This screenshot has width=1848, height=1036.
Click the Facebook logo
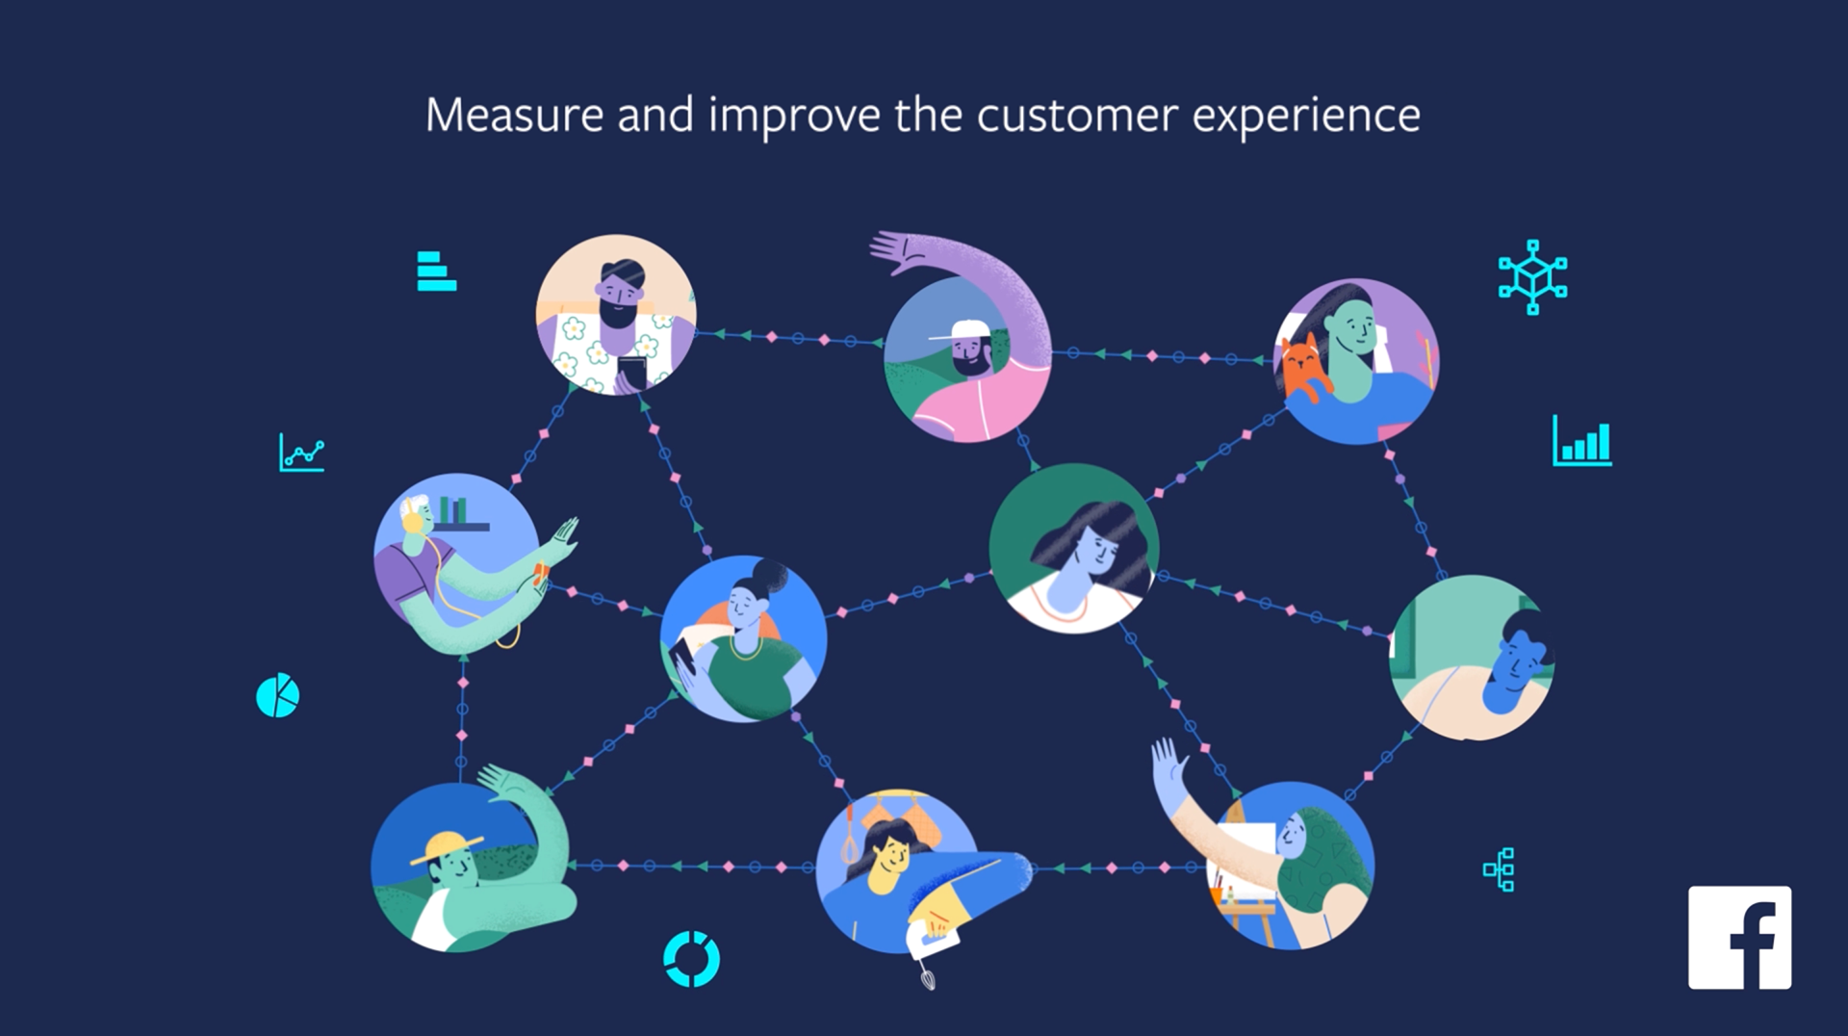pyautogui.click(x=1739, y=937)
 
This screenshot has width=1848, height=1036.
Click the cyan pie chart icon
pyautogui.click(x=277, y=695)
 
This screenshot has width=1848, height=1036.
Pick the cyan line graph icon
pyautogui.click(x=301, y=452)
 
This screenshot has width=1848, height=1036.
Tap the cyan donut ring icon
pyautogui.click(x=691, y=959)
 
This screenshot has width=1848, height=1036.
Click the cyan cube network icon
pyautogui.click(x=1532, y=277)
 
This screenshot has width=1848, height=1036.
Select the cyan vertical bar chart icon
pyautogui.click(x=1581, y=442)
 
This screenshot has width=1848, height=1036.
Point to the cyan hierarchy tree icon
pyautogui.click(x=1500, y=869)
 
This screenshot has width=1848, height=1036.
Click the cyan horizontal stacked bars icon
pyautogui.click(x=436, y=271)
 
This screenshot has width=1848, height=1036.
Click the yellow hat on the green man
pyautogui.click(x=447, y=846)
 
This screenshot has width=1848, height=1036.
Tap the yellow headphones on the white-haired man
pyautogui.click(x=413, y=520)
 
